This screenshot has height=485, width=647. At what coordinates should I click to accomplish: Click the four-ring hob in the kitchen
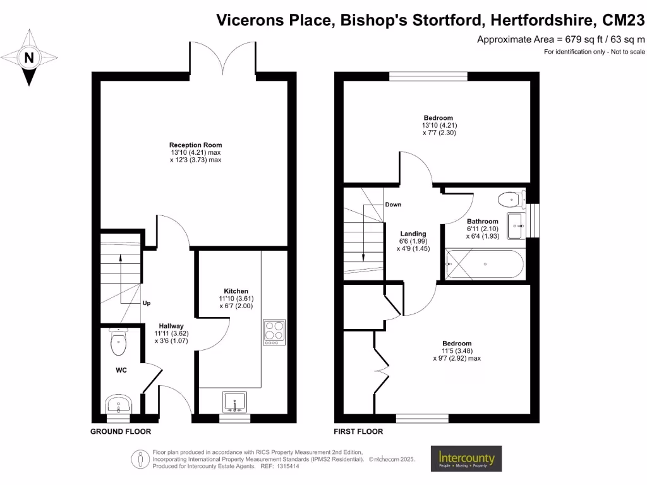pyautogui.click(x=274, y=332)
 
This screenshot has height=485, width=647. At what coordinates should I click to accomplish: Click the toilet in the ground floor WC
pyautogui.click(x=119, y=342)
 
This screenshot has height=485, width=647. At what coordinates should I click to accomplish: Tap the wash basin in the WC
pyautogui.click(x=118, y=404)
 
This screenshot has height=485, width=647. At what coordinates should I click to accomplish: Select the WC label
pyautogui.click(x=121, y=370)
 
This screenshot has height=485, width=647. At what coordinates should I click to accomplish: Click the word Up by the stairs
pyautogui.click(x=146, y=303)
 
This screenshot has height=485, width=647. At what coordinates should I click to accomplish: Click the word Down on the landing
pyautogui.click(x=393, y=205)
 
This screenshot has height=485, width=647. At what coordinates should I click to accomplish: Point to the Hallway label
pyautogui.click(x=171, y=326)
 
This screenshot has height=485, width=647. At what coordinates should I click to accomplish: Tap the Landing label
pyautogui.click(x=413, y=234)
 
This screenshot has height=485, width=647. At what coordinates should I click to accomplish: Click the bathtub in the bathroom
pyautogui.click(x=484, y=265)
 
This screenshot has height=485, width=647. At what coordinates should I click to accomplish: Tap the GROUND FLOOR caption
pyautogui.click(x=121, y=432)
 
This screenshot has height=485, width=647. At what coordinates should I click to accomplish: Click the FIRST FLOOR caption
pyautogui.click(x=358, y=432)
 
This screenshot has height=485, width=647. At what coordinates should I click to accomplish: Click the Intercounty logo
pyautogui.click(x=466, y=458)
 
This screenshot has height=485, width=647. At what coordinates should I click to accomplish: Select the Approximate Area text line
pyautogui.click(x=560, y=40)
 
